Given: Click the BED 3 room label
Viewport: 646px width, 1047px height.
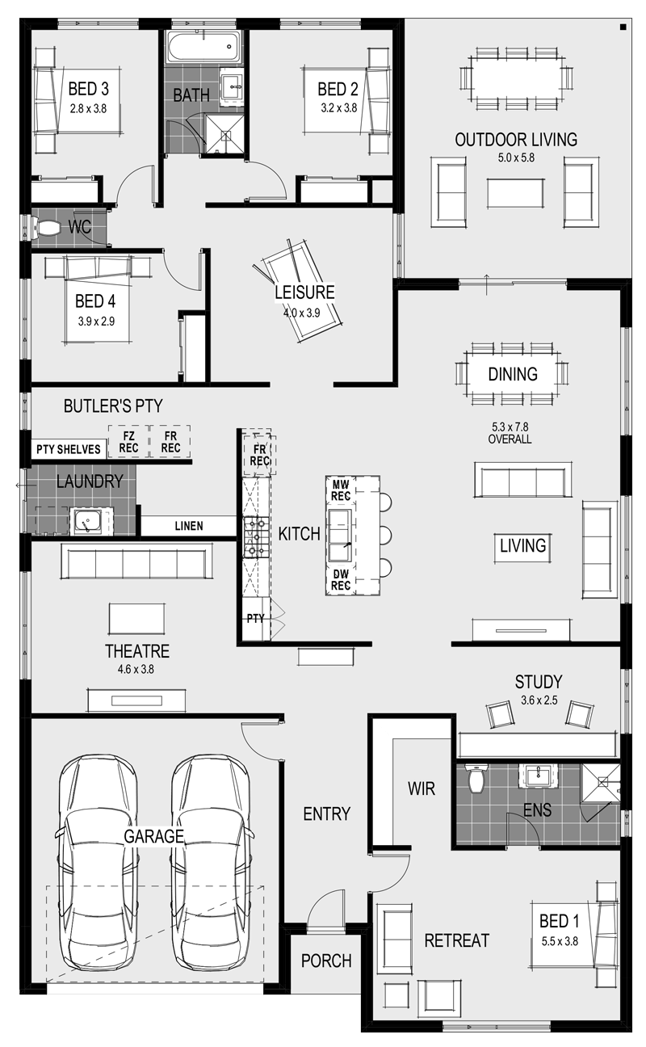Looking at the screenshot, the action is pos(88,89).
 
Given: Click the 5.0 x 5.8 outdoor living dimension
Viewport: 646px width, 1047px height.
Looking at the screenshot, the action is pos(516,158).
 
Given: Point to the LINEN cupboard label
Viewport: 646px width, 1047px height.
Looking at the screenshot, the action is pos(189,526).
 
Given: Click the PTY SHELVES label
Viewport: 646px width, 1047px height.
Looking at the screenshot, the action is pos(68,449).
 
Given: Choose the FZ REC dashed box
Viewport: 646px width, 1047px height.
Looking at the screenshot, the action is pos(128,441).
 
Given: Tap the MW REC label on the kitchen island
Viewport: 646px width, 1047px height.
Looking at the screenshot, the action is pos(341,490).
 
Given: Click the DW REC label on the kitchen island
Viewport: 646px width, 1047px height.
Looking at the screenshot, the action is pos(341,579).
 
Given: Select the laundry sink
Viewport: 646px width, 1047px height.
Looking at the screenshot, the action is pos(86,522).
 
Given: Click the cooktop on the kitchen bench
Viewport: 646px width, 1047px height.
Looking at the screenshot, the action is pos(256,537).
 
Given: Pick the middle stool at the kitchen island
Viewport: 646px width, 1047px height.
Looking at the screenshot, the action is pos(385,535).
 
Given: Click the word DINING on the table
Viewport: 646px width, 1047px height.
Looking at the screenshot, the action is pos(513,374).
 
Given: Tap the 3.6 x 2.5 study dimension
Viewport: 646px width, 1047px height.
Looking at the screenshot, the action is pos(539,700).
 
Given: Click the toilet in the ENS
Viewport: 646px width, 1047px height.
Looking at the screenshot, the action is pos(477,779).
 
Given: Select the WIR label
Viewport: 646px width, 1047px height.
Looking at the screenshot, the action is pos(422,788).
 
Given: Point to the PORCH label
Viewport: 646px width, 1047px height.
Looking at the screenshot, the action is pos(326,961).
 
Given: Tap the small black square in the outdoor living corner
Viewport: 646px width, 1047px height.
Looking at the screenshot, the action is pos(623,27).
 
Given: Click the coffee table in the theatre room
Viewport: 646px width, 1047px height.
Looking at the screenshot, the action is pos(136,618).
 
